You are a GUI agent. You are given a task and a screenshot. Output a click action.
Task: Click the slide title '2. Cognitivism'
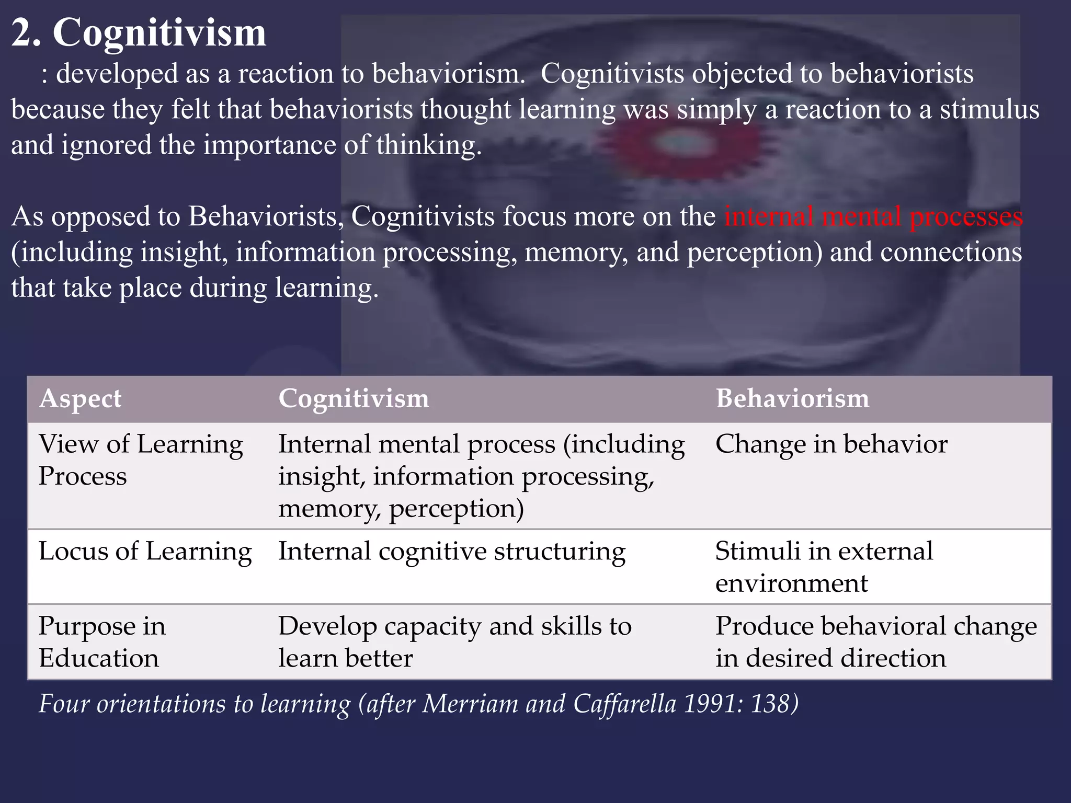(139, 32)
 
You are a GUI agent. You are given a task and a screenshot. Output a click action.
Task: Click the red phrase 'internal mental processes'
(873, 216)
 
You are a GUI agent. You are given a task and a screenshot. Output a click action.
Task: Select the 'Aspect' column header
(80, 398)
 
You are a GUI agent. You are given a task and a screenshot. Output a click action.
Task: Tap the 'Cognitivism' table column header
(354, 398)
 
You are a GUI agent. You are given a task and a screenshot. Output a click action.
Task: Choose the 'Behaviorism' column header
(792, 398)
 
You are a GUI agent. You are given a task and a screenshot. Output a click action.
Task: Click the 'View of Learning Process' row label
(141, 460)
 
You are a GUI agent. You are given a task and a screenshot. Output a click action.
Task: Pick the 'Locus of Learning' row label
(145, 551)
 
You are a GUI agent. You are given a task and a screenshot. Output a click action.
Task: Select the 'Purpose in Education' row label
(102, 641)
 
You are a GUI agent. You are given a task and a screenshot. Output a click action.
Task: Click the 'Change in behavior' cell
(831, 444)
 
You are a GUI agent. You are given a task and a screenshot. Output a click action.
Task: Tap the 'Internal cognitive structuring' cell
(451, 552)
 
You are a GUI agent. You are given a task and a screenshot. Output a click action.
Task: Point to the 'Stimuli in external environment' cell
(824, 567)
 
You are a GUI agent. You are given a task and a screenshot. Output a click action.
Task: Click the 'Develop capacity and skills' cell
(454, 641)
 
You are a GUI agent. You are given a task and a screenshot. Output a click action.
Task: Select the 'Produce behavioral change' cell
(876, 641)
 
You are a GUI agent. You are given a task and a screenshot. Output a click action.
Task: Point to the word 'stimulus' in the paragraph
(989, 110)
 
